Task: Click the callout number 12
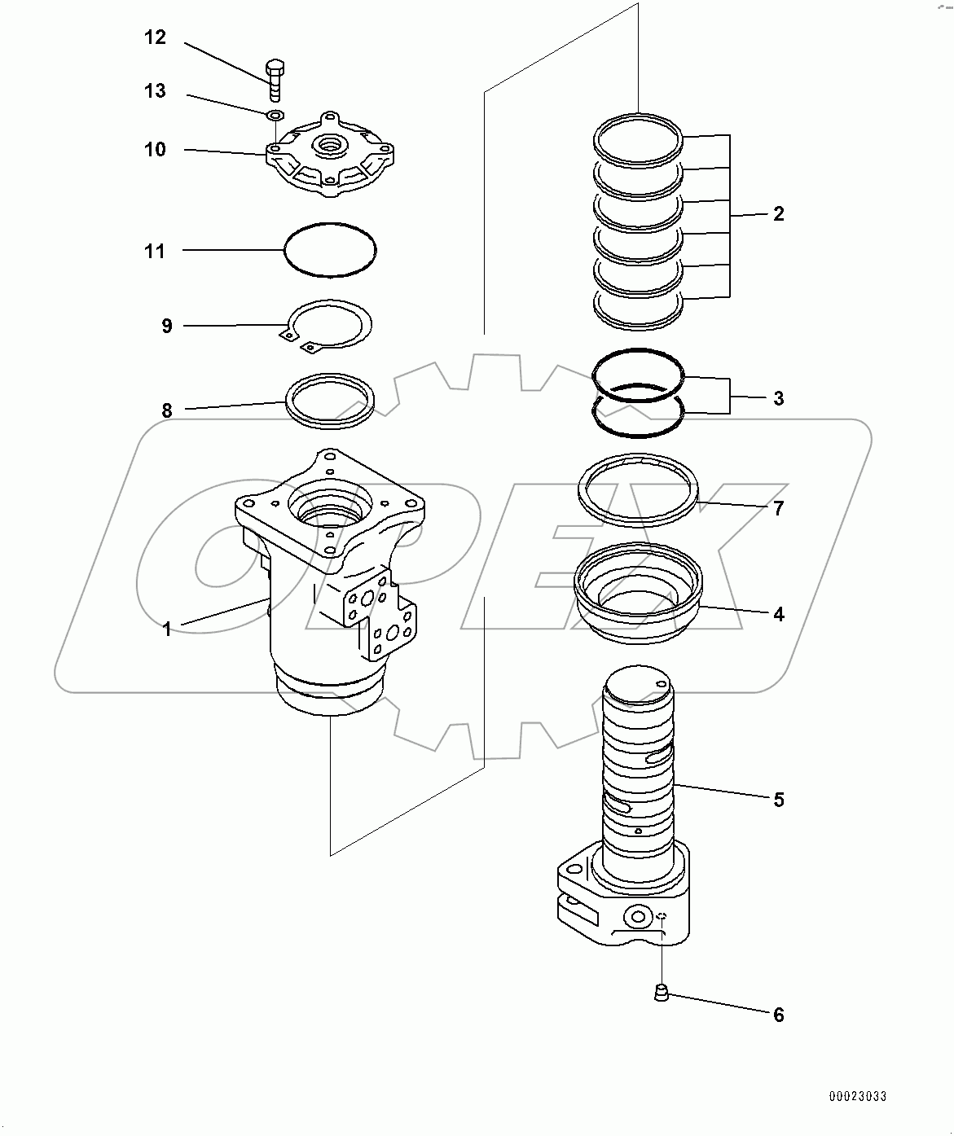155,37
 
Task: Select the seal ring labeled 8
330,377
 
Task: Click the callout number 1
167,629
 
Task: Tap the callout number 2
778,214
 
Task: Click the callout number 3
778,398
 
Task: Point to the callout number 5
778,800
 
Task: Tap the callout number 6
778,1015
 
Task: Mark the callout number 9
167,326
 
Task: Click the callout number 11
155,251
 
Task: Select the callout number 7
778,508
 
